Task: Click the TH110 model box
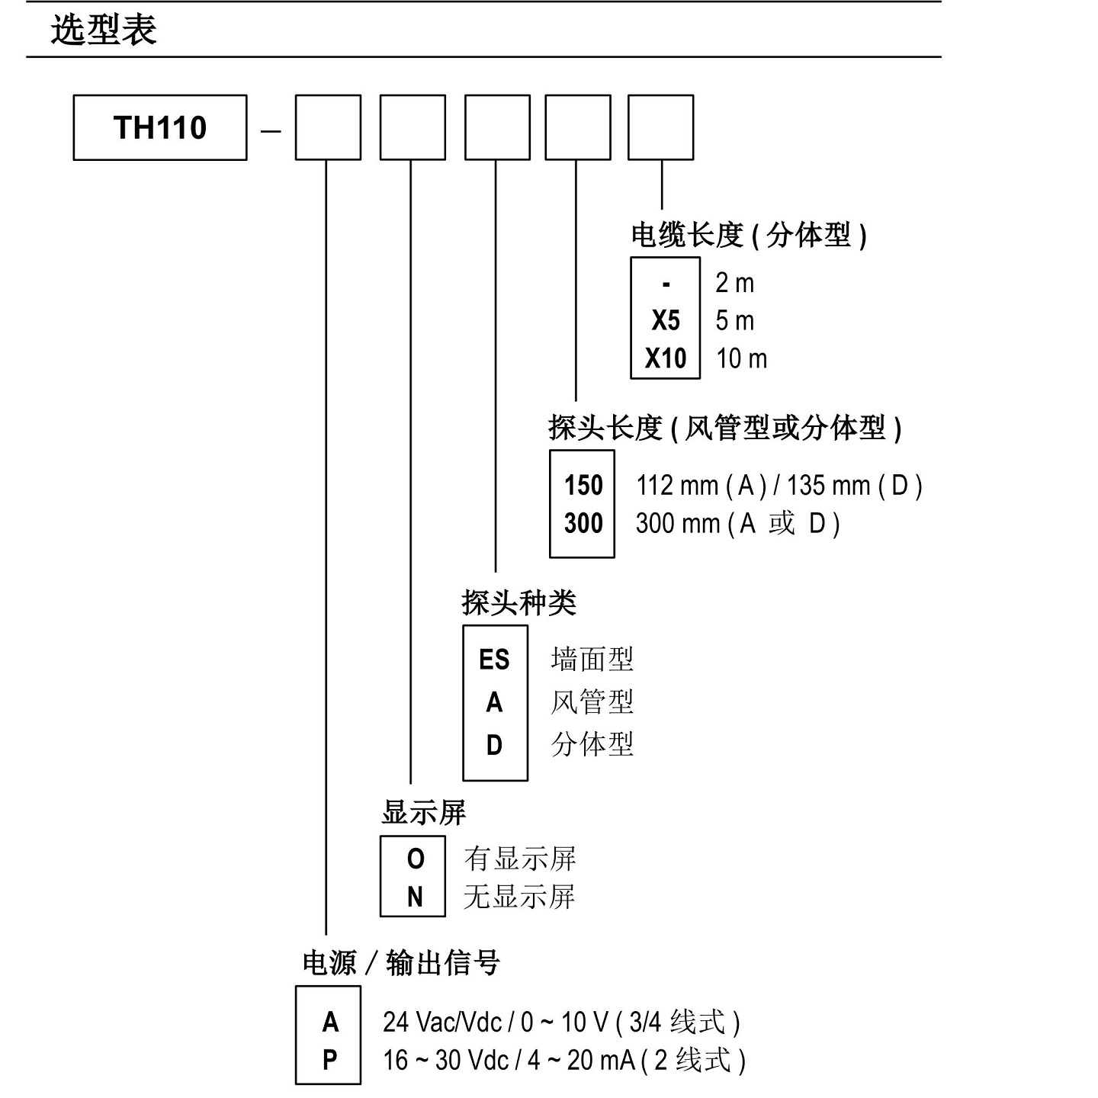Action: pyautogui.click(x=160, y=127)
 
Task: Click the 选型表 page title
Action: pyautogui.click(x=104, y=30)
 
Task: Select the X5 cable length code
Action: pyautogui.click(x=665, y=320)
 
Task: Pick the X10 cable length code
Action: pyautogui.click(x=665, y=358)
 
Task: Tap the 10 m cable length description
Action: pyautogui.click(x=741, y=358)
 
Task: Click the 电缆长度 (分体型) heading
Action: pyautogui.click(x=748, y=235)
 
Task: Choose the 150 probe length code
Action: pyautogui.click(x=583, y=485)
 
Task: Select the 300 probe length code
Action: pyautogui.click(x=583, y=523)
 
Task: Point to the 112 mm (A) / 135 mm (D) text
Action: pyautogui.click(x=779, y=485)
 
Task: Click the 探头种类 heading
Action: pyautogui.click(x=518, y=603)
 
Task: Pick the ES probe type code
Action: pyautogui.click(x=494, y=660)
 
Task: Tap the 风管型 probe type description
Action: pyautogui.click(x=592, y=701)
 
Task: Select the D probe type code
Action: pyautogui.click(x=494, y=745)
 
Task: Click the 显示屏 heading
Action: pyautogui.click(x=423, y=813)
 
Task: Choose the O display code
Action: pyautogui.click(x=415, y=859)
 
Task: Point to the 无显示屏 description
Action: pyautogui.click(x=518, y=897)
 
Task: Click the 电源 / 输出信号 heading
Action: pyautogui.click(x=401, y=963)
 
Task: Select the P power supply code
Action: pyautogui.click(x=329, y=1060)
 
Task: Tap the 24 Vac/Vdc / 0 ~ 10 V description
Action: pyautogui.click(x=561, y=1022)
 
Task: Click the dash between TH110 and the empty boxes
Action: pyautogui.click(x=271, y=130)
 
